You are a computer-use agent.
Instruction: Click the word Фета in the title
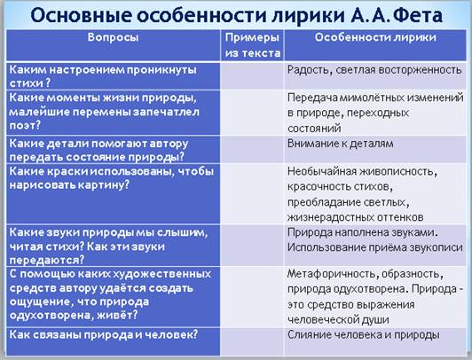point(417,15)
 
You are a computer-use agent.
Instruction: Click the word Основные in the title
point(82,15)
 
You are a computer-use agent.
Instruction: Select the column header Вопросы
point(114,37)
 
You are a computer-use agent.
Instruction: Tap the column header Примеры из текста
point(253,45)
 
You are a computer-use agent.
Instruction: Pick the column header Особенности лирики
point(375,37)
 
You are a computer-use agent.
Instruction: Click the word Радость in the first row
point(309,70)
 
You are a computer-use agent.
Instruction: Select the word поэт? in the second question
point(25,125)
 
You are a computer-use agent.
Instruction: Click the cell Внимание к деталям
point(340,144)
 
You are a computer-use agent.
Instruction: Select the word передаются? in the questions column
point(47,260)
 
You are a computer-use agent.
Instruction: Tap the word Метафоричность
point(331,274)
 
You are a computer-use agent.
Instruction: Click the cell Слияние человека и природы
point(364,335)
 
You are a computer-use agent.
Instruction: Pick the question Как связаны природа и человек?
point(104,335)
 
